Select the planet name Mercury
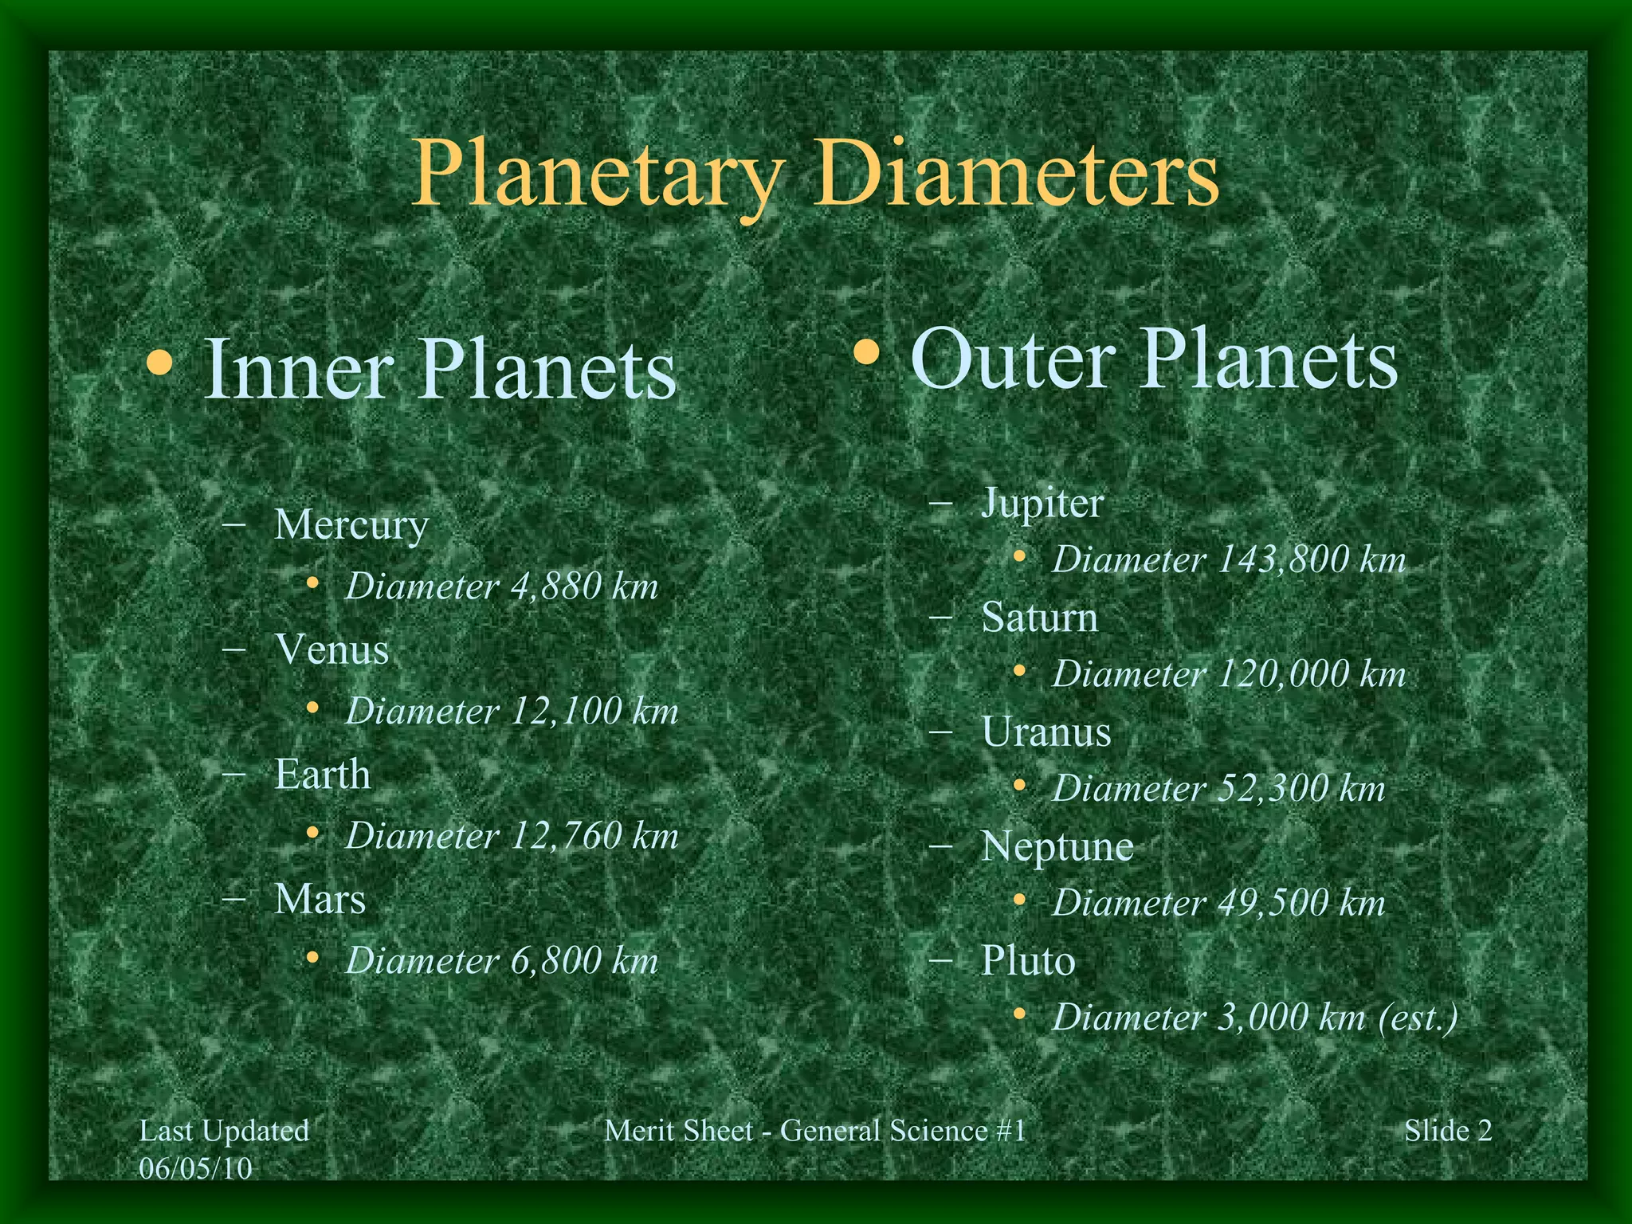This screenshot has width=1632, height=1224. (351, 525)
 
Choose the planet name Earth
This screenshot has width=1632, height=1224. (323, 775)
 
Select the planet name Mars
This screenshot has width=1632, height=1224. (320, 900)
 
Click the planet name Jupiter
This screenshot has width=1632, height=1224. (1042, 504)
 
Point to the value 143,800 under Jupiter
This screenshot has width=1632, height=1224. (1283, 560)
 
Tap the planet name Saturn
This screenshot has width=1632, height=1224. (1040, 618)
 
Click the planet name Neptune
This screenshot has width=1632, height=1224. (1057, 846)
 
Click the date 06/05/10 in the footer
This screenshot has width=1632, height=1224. (195, 1168)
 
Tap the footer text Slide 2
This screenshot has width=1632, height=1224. (1448, 1131)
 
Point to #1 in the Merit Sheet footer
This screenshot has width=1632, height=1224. (1010, 1131)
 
